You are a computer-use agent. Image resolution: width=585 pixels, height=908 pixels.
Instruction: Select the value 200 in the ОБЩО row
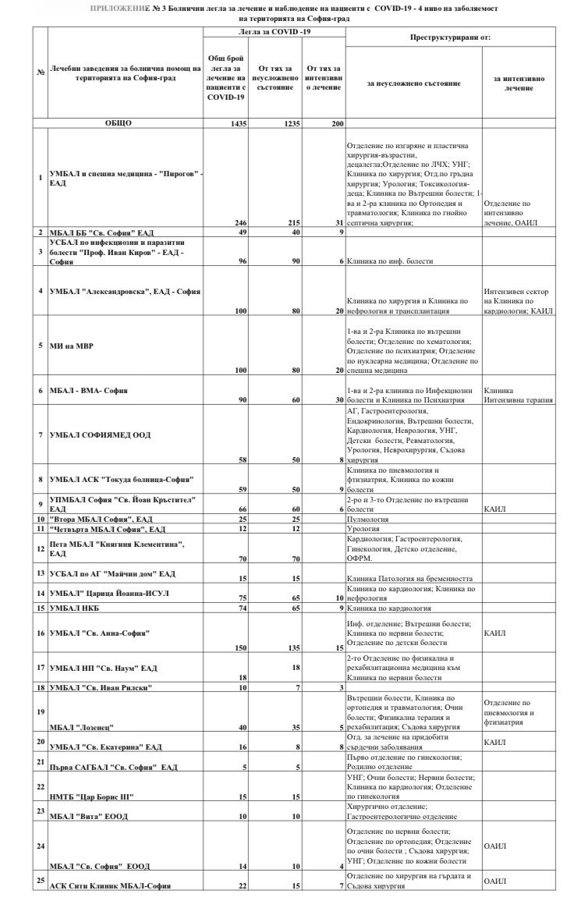(x=336, y=122)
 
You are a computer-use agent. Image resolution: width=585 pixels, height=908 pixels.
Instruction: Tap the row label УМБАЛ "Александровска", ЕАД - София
(x=125, y=291)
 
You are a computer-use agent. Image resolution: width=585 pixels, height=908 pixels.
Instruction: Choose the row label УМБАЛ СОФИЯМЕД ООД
(x=100, y=434)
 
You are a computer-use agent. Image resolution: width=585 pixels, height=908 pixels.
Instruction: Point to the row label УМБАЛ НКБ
(x=76, y=606)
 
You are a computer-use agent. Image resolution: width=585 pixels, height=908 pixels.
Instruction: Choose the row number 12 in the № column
(x=40, y=548)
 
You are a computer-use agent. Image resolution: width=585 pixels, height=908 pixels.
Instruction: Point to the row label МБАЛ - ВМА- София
(x=88, y=389)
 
